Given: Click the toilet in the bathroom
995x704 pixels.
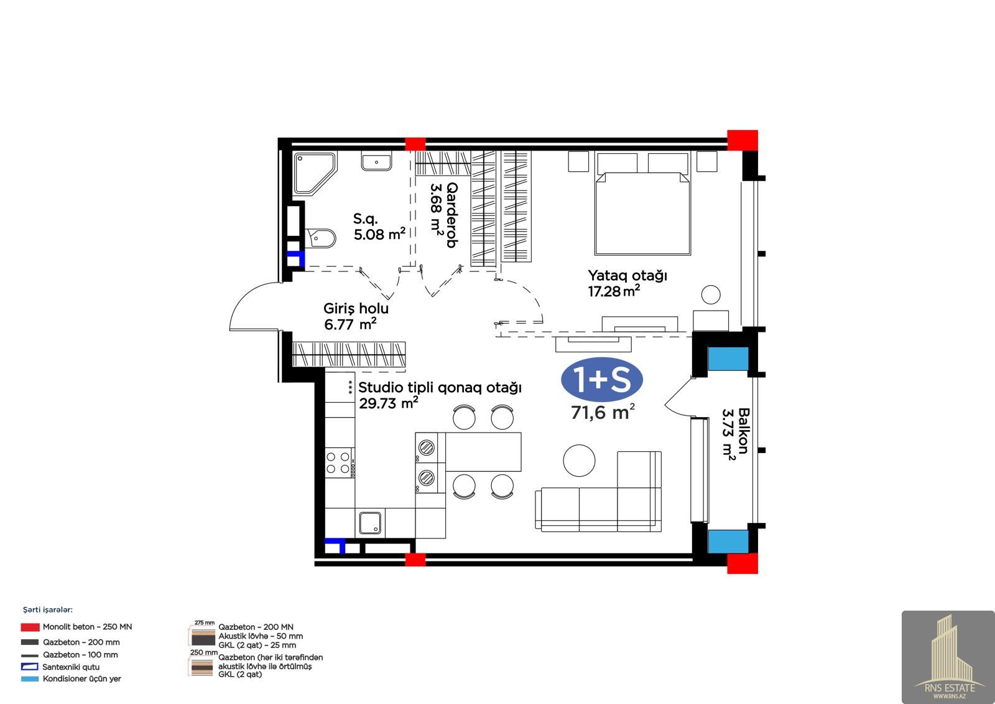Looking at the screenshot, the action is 320,238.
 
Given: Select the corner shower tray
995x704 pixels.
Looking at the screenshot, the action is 313,173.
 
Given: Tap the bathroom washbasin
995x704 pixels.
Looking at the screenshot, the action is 376,161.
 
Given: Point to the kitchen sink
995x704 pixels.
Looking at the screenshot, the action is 370,522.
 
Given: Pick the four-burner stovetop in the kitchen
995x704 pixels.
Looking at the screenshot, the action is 338,462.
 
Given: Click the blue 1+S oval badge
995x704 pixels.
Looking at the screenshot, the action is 602,379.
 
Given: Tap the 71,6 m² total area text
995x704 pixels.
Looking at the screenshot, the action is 603,412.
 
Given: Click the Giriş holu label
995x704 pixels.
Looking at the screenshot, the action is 356,308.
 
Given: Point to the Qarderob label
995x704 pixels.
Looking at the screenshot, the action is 451,215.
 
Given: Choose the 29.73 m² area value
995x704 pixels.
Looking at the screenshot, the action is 389,403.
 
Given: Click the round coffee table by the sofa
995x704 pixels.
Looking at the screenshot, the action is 579,460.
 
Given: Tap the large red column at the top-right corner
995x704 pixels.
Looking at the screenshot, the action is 743,140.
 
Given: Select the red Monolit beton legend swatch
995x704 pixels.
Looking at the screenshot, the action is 30,627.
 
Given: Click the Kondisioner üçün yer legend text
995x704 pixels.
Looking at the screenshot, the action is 81,678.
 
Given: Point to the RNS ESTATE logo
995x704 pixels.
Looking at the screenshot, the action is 948,657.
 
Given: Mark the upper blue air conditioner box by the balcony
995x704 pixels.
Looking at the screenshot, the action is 728,359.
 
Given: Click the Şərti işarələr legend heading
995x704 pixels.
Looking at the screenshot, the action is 48,610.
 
